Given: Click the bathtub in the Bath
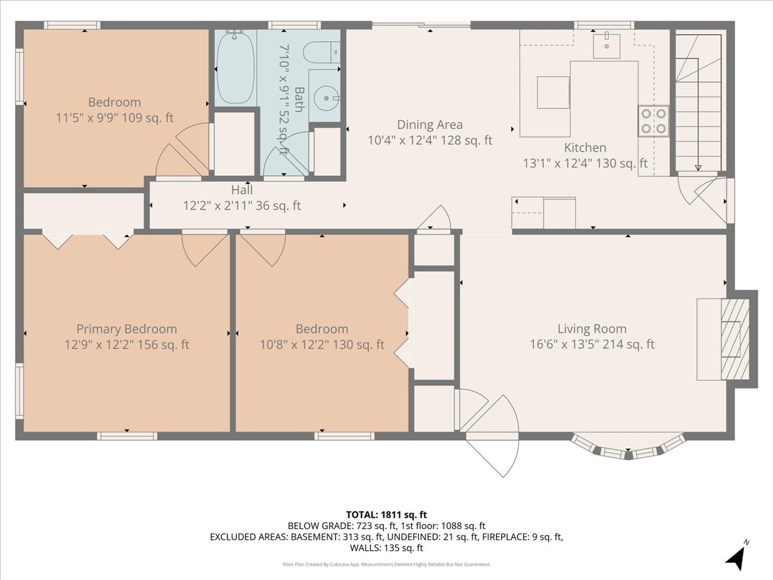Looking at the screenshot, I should (234, 68).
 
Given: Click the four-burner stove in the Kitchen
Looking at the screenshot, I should (653, 121).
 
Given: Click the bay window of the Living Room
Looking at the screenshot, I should (628, 448).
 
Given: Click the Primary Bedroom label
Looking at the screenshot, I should (126, 329).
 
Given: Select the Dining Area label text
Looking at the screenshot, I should (430, 124).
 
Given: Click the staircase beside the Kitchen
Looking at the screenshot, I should (698, 103).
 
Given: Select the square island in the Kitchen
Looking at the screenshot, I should (553, 92).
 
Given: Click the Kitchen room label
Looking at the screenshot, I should (585, 148).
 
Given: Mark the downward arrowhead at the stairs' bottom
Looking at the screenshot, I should (698, 168).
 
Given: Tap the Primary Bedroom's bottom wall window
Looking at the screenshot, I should (127, 436).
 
